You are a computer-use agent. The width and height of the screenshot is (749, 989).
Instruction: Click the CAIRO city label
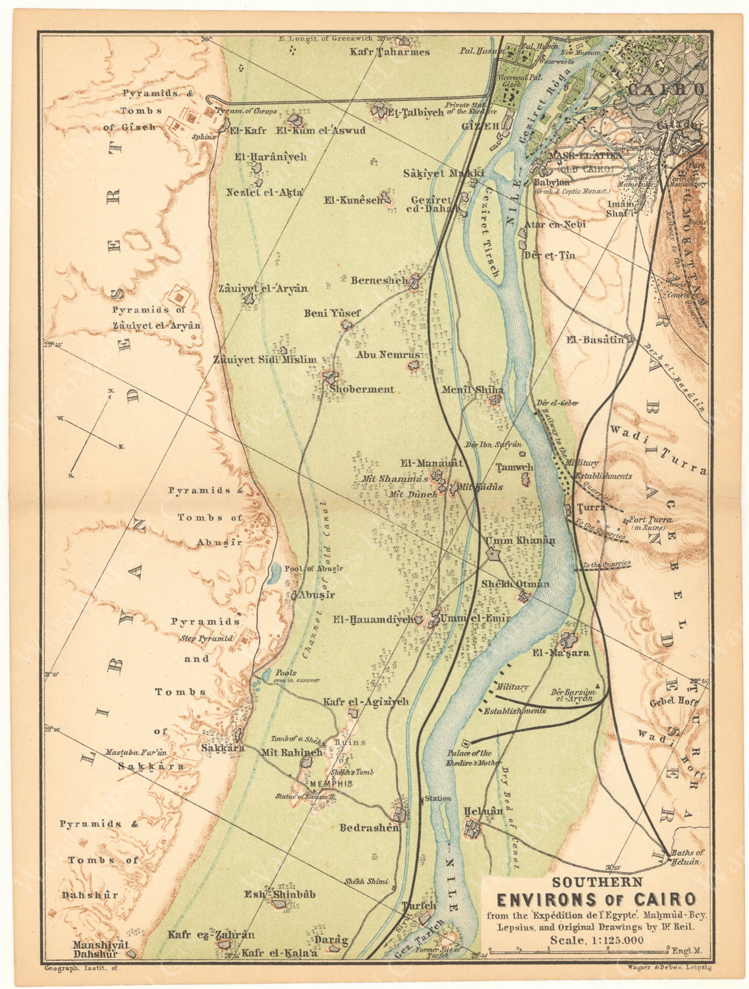point(666,89)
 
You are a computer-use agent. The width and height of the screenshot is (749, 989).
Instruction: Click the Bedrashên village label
point(370,827)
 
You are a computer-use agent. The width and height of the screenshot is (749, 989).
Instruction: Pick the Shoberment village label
point(362,389)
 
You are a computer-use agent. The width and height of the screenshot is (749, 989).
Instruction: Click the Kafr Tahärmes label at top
point(389,52)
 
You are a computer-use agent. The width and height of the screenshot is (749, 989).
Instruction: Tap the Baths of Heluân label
point(687,856)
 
